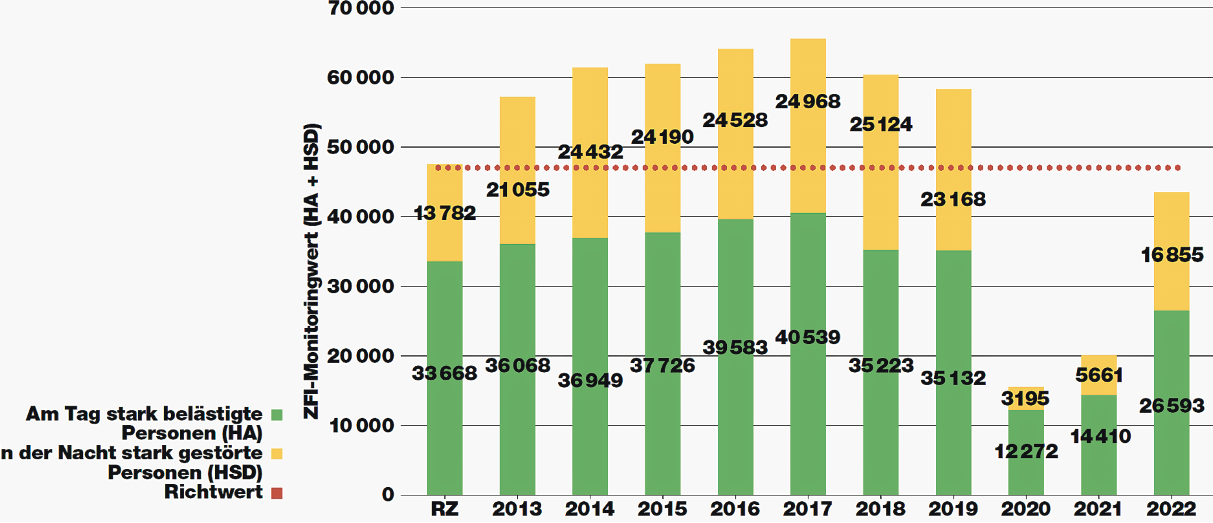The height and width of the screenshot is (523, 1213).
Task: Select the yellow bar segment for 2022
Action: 1171,287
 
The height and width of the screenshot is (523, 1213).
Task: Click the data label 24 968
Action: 808,102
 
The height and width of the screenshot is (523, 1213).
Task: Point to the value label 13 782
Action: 444,213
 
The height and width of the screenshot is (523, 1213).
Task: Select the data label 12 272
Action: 1026,451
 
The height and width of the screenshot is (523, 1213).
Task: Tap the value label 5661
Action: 1099,375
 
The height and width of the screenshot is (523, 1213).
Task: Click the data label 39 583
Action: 735,347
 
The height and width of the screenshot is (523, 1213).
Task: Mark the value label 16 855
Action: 1172,255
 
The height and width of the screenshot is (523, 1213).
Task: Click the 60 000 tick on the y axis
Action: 360,78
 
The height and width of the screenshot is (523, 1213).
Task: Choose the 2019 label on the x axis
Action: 953,509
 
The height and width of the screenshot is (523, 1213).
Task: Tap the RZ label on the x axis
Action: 444,509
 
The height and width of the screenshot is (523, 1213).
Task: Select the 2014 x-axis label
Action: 590,509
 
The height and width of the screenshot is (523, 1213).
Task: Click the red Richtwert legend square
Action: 277,493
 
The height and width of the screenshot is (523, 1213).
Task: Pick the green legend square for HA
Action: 277,415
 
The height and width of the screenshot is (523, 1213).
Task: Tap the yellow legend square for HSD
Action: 277,454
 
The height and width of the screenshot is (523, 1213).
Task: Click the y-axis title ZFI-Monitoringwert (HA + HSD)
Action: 312,271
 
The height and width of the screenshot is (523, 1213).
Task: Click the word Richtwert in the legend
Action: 213,492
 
